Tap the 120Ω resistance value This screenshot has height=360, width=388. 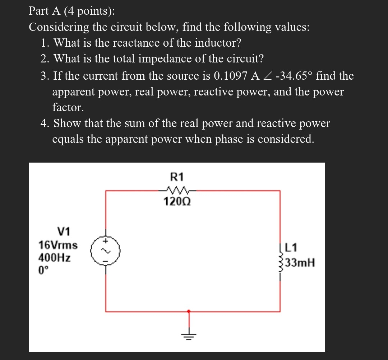176,202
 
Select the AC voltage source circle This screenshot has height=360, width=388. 105,250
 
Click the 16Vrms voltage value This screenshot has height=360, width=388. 58,246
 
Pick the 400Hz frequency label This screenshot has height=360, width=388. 54,258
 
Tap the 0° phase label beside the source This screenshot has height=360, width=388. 43,270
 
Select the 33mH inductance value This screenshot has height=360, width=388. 301,263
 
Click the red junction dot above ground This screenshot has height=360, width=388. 188,311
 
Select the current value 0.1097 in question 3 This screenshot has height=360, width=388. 230,76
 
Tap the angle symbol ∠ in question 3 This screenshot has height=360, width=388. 267,76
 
